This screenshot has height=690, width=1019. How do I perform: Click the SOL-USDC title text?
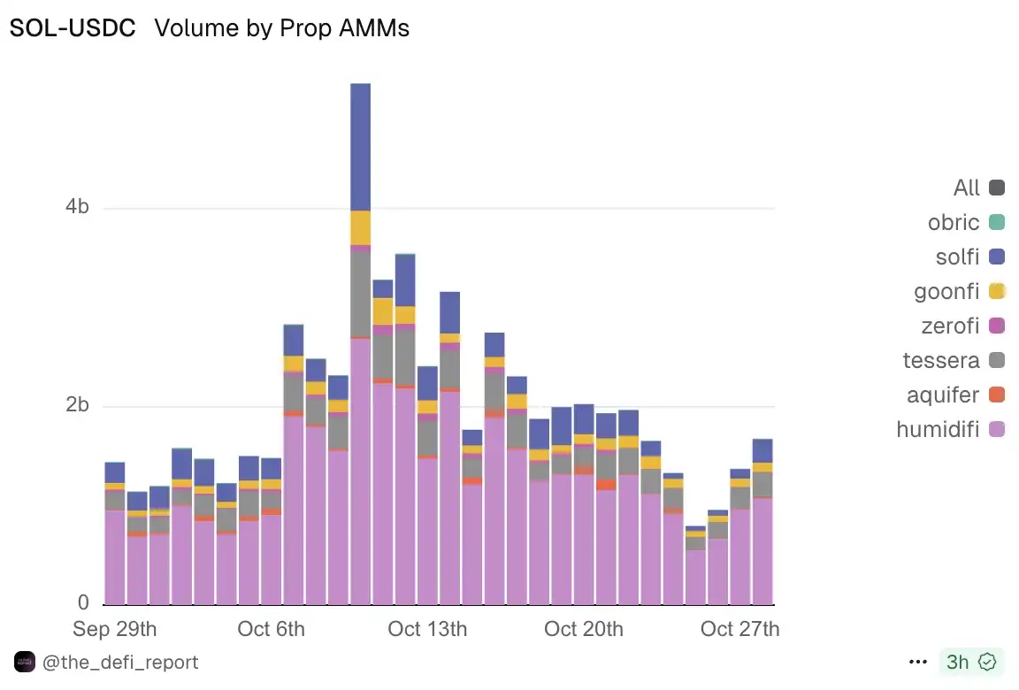(x=73, y=28)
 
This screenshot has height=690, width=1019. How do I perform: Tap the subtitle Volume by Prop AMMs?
(x=281, y=28)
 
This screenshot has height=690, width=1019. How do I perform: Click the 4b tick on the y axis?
(x=78, y=207)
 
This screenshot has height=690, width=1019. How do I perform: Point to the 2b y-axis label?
(x=78, y=405)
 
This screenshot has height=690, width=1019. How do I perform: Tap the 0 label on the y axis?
(x=83, y=602)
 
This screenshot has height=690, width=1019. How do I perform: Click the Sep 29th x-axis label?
(x=115, y=629)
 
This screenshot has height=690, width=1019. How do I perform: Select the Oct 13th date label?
(x=427, y=629)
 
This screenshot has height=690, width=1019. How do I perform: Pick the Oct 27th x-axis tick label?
(x=739, y=629)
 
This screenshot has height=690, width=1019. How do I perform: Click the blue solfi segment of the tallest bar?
(x=360, y=147)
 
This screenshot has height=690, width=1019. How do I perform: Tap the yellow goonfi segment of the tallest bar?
(x=360, y=227)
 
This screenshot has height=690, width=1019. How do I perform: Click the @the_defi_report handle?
(x=120, y=662)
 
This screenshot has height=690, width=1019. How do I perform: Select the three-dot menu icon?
(x=916, y=662)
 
